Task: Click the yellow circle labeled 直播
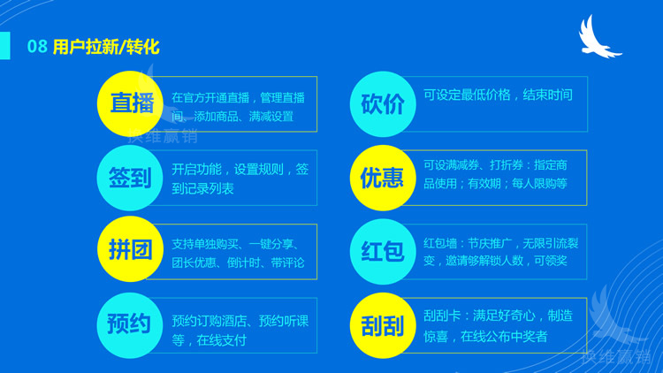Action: pyautogui.click(x=131, y=103)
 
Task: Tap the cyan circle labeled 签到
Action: pyautogui.click(x=131, y=178)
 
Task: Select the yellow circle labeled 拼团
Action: pyautogui.click(x=131, y=251)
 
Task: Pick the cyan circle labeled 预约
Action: pyautogui.click(x=131, y=324)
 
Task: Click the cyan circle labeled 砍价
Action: pyautogui.click(x=383, y=103)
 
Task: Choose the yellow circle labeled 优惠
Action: pyautogui.click(x=383, y=178)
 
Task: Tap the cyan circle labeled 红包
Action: pyautogui.click(x=383, y=252)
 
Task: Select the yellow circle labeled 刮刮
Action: pyautogui.click(x=383, y=325)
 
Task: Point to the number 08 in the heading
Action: pyautogui.click(x=37, y=47)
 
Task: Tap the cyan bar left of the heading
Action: pyautogui.click(x=5, y=46)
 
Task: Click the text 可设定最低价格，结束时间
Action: pyautogui.click(x=498, y=95)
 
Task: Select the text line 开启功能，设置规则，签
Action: pyautogui.click(x=240, y=169)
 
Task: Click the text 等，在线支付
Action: pyautogui.click(x=209, y=339)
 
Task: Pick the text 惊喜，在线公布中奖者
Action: pyautogui.click(x=485, y=336)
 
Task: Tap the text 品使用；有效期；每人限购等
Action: pyautogui.click(x=495, y=184)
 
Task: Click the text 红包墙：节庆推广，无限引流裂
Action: pyautogui.click(x=499, y=243)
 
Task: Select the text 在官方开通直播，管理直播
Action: pyautogui.click(x=238, y=96)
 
